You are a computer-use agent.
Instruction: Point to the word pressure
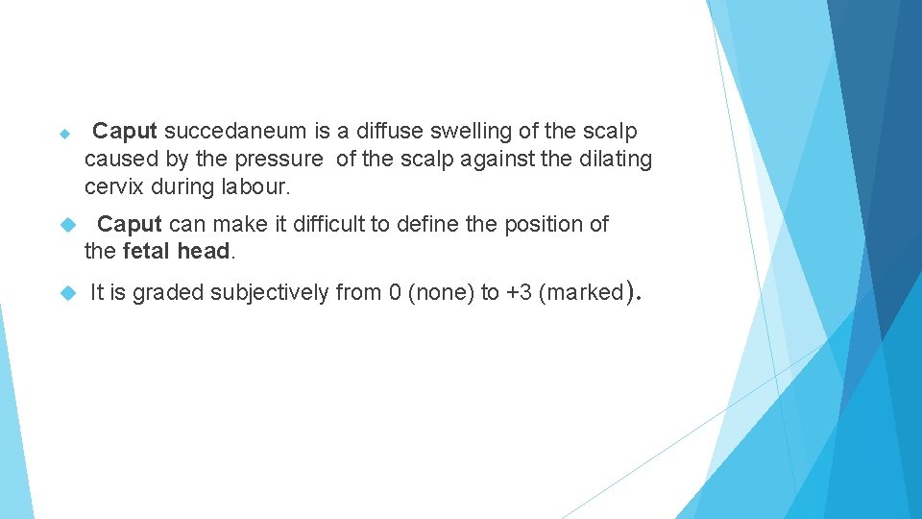point(278,159)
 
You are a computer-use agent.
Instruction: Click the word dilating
point(616,159)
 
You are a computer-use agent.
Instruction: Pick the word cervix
point(113,185)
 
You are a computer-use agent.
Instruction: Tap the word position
point(540,225)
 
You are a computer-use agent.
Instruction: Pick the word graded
point(168,293)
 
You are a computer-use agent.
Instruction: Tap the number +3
point(520,293)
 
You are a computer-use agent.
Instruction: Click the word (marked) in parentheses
point(585,293)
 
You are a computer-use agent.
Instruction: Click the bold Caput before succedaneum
point(126,131)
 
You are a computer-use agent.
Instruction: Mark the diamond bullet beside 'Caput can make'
point(66,225)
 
